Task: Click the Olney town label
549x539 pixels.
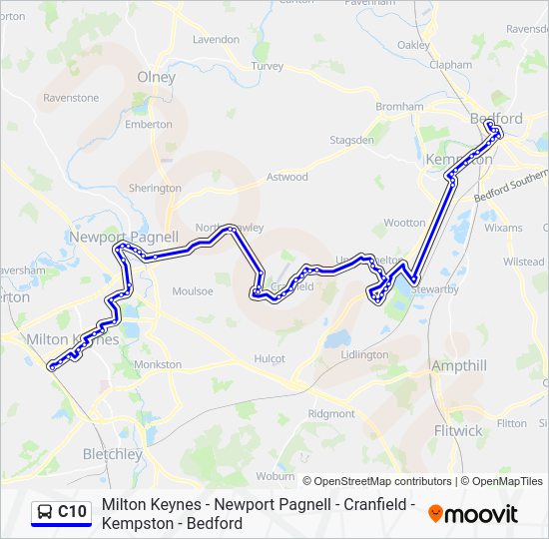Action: tap(156, 77)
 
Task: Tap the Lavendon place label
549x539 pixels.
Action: tap(216, 40)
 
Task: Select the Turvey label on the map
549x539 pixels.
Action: tap(268, 66)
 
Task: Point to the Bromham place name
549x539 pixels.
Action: tap(399, 107)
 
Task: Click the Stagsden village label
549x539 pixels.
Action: tap(352, 141)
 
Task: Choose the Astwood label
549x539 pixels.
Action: tap(287, 178)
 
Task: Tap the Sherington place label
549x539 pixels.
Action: tap(155, 188)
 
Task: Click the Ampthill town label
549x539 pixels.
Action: tap(459, 366)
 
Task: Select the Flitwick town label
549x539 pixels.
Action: tap(458, 431)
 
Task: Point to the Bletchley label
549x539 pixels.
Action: tap(112, 454)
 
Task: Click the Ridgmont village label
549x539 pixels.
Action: tap(331, 413)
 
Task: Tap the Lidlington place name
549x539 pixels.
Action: tap(364, 355)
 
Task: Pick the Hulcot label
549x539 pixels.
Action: tap(270, 358)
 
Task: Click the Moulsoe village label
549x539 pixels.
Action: tap(193, 291)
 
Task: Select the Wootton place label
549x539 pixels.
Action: tap(404, 223)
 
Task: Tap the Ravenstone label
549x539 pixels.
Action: tap(71, 98)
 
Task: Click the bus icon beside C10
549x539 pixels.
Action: tap(44, 513)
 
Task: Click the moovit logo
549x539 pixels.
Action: tap(473, 514)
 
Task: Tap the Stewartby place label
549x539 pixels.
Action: tap(432, 290)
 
